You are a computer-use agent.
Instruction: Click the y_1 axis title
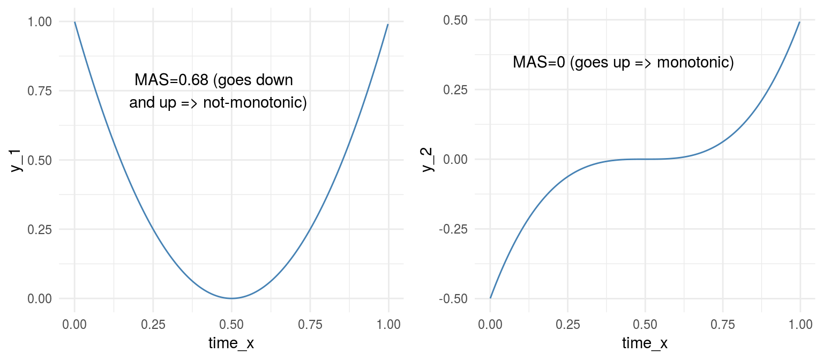point(16,161)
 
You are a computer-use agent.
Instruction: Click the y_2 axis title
point(428,160)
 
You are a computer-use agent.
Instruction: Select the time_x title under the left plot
point(231,343)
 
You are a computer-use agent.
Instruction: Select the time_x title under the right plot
point(645,343)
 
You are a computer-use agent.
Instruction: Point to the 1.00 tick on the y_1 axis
point(40,21)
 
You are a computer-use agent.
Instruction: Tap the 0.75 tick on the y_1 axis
point(40,91)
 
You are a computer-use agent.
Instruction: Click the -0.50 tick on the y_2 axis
point(453,299)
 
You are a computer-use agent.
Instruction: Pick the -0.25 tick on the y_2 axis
point(453,229)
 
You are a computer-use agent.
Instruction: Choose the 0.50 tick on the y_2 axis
point(455,20)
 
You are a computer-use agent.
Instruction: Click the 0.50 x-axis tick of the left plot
point(231,325)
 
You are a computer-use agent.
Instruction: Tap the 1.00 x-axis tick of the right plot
point(800,325)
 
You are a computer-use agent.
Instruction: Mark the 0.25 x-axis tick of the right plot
point(567,325)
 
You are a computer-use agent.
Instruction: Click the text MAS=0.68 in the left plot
point(171,80)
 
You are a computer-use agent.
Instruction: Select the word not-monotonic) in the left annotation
point(255,102)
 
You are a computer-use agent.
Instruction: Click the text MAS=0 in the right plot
point(538,62)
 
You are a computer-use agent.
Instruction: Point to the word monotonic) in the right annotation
point(695,63)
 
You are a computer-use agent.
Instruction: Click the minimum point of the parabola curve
point(231,298)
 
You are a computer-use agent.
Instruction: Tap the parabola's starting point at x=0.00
point(74,22)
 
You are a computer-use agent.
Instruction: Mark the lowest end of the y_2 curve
point(490,298)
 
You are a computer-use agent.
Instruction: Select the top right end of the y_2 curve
point(800,22)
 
